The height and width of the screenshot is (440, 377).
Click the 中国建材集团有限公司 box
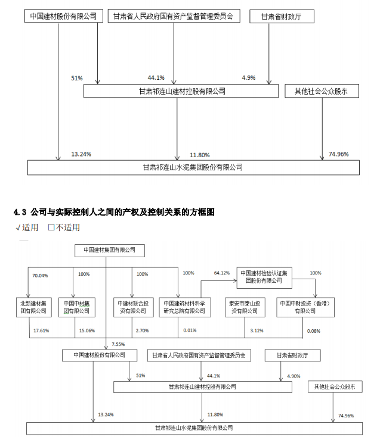pyautogui.click(x=110, y=250)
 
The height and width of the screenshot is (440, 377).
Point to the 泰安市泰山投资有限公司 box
pyautogui.click(x=243, y=307)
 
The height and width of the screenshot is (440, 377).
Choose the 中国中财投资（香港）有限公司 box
pyautogui.click(x=305, y=307)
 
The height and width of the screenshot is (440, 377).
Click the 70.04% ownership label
pyautogui.click(x=39, y=275)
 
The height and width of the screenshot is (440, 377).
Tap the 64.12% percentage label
pyautogui.click(x=222, y=273)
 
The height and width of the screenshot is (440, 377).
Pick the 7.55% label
pyautogui.click(x=118, y=344)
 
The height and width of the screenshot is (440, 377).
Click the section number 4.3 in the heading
pyautogui.click(x=20, y=212)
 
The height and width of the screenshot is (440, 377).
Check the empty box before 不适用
pyautogui.click(x=51, y=227)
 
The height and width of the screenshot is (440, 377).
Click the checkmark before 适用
pyautogui.click(x=18, y=227)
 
